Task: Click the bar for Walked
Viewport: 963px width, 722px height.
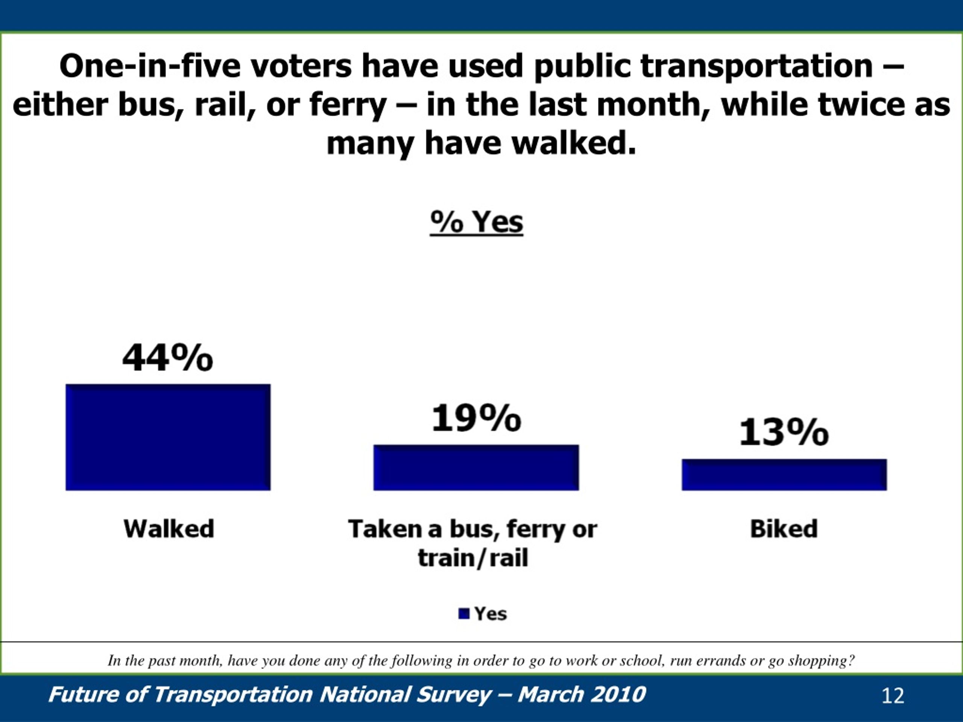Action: point(168,437)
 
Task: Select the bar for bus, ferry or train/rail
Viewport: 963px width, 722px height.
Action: point(476,467)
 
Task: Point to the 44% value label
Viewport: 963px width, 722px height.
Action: point(168,358)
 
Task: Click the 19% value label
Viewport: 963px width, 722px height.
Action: point(476,418)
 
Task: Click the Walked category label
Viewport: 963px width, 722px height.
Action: point(169,529)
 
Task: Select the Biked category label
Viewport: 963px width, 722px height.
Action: point(784,529)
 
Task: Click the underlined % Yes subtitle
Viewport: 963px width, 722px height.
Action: point(476,222)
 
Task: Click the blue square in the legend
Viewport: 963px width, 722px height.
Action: point(464,614)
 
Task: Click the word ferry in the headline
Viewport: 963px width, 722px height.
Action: point(348,106)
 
